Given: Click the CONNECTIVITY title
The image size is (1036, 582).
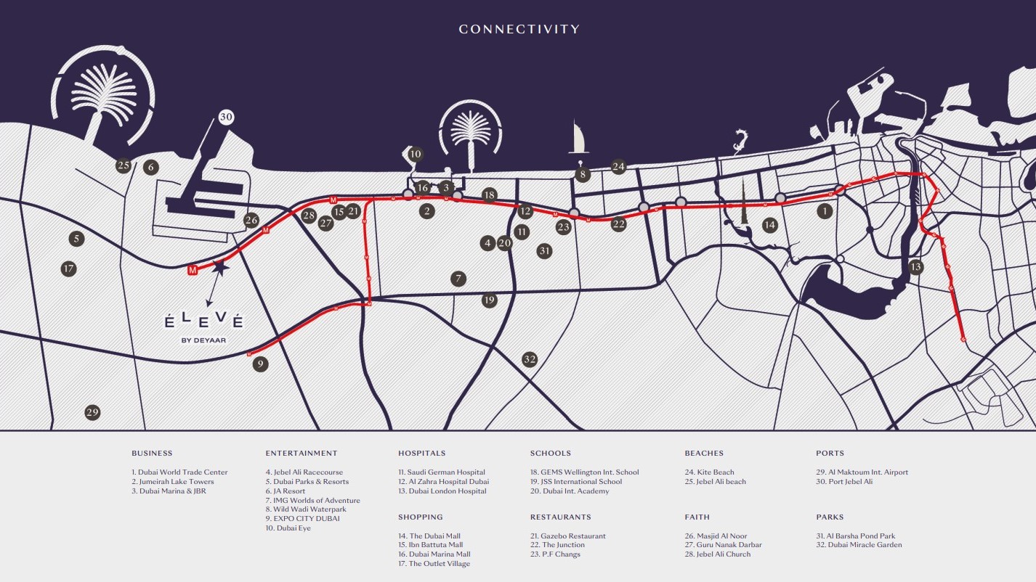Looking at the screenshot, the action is (x=519, y=29).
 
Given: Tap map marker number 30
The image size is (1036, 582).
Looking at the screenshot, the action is (x=226, y=117).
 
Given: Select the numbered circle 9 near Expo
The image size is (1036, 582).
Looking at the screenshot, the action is (x=260, y=364).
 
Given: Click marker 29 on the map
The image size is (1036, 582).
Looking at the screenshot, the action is (x=92, y=412).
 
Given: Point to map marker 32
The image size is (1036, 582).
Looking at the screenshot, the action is (x=530, y=359).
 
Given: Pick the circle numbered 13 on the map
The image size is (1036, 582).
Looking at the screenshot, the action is (x=915, y=267).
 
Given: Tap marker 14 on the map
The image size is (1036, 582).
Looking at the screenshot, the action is (x=769, y=225).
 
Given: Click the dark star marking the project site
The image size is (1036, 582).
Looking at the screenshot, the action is (x=220, y=267).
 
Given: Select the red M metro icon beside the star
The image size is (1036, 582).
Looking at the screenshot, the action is (x=193, y=270).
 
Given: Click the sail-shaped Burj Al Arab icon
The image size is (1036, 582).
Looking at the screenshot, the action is (x=578, y=138).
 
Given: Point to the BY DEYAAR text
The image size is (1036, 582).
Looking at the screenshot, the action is (x=203, y=340).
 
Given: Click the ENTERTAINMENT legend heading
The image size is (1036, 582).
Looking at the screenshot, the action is (x=302, y=453).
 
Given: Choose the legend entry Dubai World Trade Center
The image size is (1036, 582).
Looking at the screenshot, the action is (x=179, y=472).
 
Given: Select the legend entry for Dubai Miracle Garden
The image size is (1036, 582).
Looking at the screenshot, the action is (x=859, y=545).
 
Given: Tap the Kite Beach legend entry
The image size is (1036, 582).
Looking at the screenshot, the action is (x=710, y=472).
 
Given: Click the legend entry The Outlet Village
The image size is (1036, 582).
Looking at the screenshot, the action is (x=434, y=564).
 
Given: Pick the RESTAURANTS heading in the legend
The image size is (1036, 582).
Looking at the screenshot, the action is (x=561, y=517).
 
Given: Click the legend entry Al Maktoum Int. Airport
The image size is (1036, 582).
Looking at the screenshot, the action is (x=862, y=472).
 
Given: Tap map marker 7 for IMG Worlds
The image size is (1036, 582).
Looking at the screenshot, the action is (x=458, y=279).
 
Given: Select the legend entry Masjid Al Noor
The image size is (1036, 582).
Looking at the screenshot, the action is (x=716, y=536).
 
